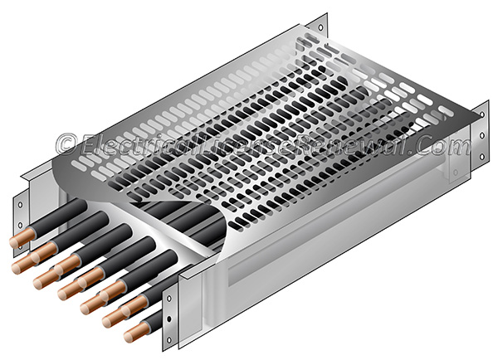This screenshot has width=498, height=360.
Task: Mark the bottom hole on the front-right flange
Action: (172, 341)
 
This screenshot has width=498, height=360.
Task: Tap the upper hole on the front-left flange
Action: (17, 203)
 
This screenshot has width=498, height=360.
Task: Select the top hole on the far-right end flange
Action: (481, 111)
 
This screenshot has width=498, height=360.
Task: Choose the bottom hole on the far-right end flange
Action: (481, 156)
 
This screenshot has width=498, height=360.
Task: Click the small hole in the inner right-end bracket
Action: (454, 173)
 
